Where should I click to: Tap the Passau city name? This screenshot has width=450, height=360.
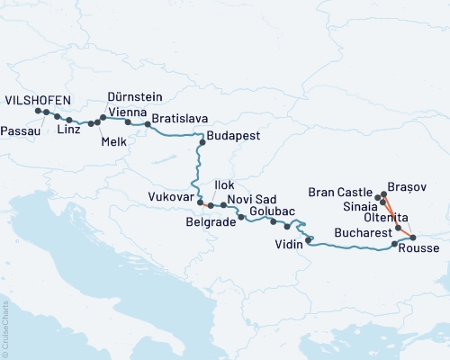[x=21, y=130]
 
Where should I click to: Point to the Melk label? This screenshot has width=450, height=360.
[x=114, y=140]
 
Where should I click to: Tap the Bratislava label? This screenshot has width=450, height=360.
[x=180, y=118]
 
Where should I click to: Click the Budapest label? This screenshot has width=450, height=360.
[x=233, y=137]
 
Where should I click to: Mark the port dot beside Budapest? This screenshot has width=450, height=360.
[x=202, y=141]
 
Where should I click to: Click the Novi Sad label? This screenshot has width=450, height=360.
[x=251, y=198]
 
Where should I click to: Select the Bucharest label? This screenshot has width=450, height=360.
[x=363, y=232]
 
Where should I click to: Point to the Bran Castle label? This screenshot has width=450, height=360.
[x=339, y=192]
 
